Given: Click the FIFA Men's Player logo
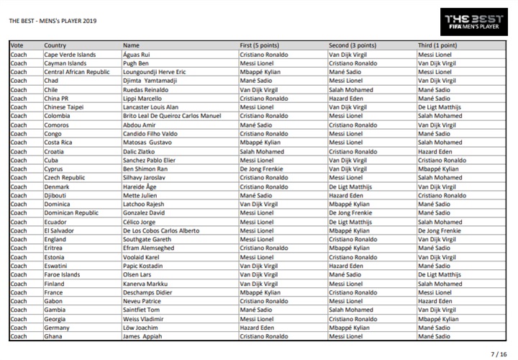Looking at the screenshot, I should (x=475, y=21).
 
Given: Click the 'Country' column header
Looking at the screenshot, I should (x=55, y=45).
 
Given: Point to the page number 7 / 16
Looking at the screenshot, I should (x=499, y=354).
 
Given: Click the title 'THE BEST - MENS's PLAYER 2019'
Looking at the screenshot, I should (x=52, y=20).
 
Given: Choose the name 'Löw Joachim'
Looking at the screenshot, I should (x=142, y=327).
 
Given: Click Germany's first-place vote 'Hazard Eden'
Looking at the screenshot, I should (x=256, y=327).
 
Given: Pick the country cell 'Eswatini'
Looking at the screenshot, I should (x=55, y=266).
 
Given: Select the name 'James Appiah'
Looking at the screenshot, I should (x=142, y=336).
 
